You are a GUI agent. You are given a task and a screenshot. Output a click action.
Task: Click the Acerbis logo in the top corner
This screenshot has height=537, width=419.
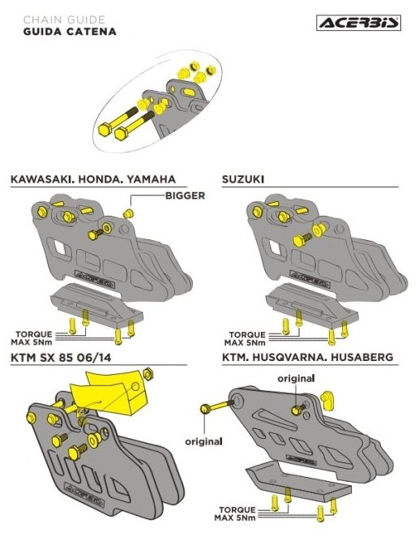358,23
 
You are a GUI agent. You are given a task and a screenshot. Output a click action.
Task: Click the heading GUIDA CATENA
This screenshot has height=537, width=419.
70,32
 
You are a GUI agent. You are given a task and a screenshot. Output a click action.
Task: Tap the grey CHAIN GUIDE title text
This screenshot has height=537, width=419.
64,19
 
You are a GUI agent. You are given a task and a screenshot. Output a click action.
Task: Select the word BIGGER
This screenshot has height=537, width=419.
185,195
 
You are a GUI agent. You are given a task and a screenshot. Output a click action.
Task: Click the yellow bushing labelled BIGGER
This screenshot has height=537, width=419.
129,213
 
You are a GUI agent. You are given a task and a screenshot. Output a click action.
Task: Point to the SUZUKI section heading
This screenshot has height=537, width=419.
243,179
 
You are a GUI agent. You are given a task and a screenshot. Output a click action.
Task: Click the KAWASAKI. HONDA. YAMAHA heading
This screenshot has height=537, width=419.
93,179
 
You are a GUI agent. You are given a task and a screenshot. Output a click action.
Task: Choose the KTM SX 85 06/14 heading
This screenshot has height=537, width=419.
61,358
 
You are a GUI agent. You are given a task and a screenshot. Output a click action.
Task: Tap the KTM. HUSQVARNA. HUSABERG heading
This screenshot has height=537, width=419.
307,357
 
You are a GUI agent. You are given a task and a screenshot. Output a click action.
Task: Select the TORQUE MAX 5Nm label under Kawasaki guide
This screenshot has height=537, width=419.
32,338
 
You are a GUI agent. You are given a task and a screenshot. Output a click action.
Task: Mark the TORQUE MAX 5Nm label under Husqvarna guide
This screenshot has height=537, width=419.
235,513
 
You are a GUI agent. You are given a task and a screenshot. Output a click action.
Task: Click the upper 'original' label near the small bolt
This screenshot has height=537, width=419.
296,379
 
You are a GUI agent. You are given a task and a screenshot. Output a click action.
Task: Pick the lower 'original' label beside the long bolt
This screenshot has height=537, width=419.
203,442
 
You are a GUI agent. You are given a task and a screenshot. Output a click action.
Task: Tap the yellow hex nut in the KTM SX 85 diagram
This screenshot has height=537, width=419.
147,374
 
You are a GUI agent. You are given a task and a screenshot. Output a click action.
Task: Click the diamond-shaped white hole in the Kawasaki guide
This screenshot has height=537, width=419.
59,247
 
